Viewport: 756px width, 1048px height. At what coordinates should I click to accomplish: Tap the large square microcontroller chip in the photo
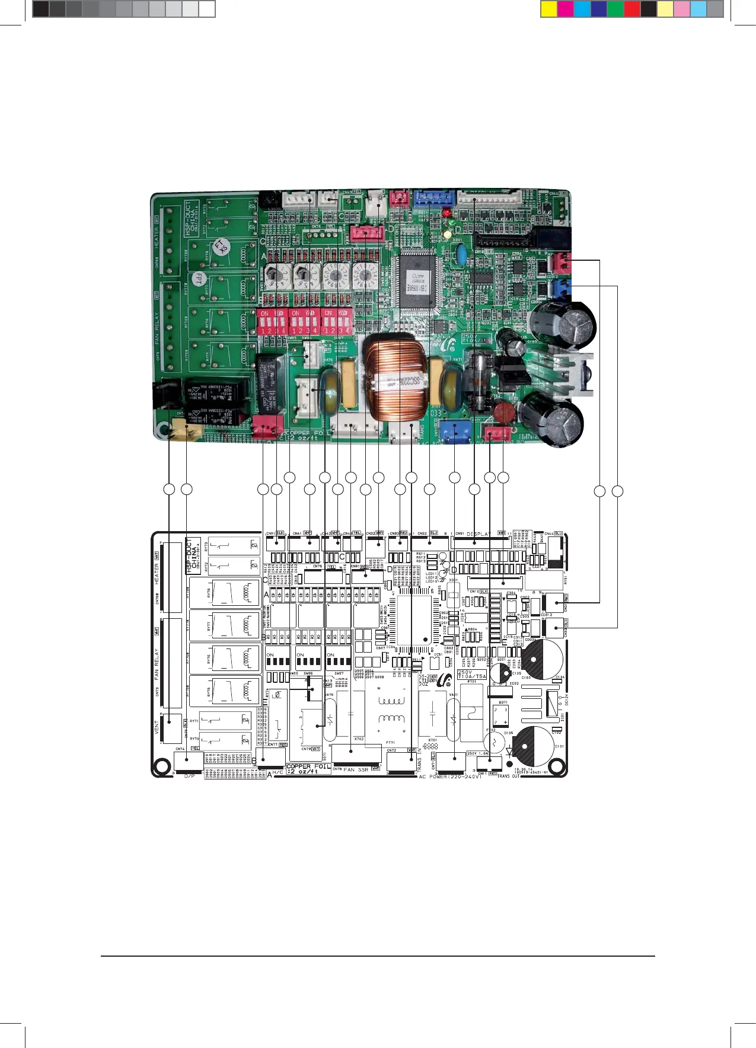click(x=417, y=282)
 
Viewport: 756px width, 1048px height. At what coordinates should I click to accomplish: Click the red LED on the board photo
click(x=446, y=212)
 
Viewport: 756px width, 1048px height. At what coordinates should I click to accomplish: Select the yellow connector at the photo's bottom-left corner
click(x=184, y=429)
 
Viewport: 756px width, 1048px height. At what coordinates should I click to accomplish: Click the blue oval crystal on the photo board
click(x=460, y=255)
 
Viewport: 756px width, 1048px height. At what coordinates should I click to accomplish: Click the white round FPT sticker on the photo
click(x=197, y=279)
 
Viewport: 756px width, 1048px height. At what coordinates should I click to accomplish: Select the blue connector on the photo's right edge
click(x=560, y=289)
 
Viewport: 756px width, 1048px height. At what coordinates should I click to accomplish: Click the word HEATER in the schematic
click(x=157, y=573)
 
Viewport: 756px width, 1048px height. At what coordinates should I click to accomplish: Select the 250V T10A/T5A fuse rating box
click(x=472, y=675)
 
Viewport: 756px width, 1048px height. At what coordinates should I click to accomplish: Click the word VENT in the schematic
click(x=157, y=727)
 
